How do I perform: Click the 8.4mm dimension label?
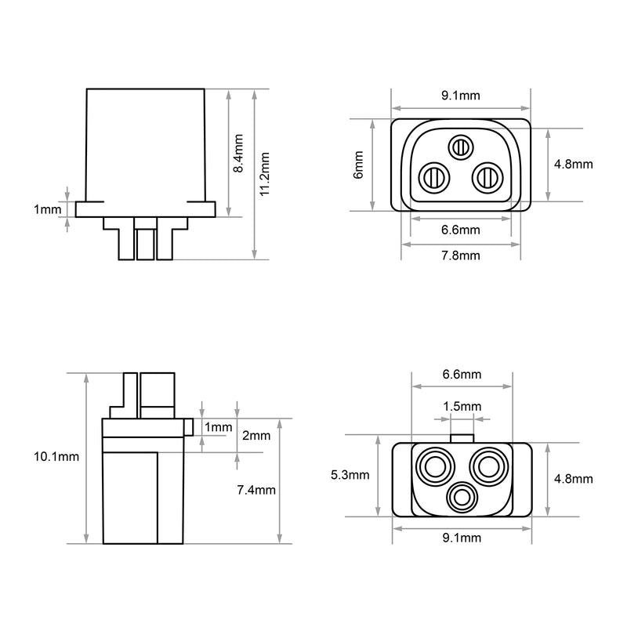238,154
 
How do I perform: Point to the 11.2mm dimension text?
265,174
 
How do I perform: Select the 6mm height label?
358,165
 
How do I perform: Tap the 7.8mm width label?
461,256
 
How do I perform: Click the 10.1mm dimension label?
56,457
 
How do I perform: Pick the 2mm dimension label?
256,436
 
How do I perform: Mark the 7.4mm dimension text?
256,490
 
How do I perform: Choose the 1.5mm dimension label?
462,407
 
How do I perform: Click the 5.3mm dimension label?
350,475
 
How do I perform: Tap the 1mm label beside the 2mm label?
219,427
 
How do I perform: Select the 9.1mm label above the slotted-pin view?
461,96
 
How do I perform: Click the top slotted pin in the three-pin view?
461,147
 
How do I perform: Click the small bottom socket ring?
462,498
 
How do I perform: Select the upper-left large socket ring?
435,466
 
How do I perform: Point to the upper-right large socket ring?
489,466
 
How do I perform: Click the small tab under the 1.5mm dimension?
462,439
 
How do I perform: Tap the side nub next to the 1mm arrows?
188,427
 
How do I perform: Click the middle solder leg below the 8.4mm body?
145,239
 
